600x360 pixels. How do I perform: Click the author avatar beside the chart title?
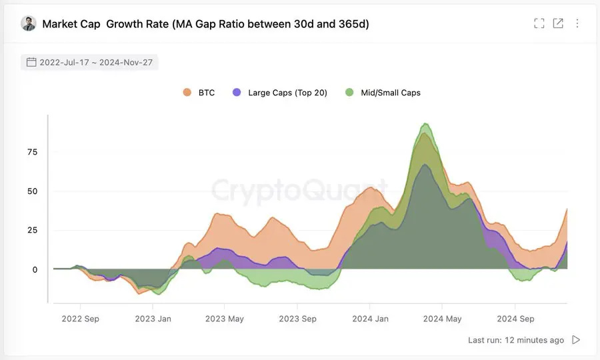point(29,24)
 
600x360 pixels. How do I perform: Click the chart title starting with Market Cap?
point(205,24)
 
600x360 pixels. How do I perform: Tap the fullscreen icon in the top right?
point(539,23)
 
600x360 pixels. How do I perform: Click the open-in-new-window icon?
point(558,23)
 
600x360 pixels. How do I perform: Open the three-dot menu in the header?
point(577,23)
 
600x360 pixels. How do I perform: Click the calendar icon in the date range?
point(31,63)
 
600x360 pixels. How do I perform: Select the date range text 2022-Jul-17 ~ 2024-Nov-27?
point(96,63)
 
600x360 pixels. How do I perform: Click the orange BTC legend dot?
point(187,93)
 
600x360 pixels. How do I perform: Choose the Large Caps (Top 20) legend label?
point(287,93)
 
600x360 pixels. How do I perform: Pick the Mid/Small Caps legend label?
point(391,93)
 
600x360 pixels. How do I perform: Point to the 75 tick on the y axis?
point(32,152)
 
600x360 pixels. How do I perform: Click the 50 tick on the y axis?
point(32,191)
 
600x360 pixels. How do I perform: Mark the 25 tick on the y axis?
point(32,230)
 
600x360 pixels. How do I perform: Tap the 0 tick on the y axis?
point(35,269)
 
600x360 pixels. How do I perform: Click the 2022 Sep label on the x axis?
point(80,319)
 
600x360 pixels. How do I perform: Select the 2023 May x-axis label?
point(225,319)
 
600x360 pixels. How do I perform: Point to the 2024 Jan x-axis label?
point(370,319)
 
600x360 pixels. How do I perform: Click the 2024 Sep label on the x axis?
point(515,319)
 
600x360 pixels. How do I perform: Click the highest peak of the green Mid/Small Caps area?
point(425,124)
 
